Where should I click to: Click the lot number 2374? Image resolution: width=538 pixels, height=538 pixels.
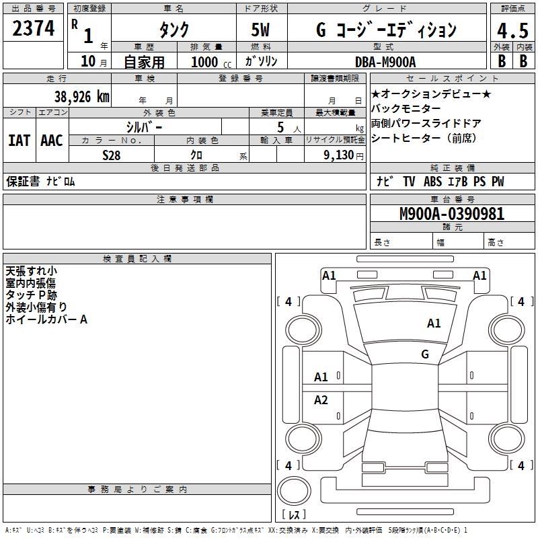click(33, 29)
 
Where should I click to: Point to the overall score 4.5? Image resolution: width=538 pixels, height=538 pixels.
click(512, 31)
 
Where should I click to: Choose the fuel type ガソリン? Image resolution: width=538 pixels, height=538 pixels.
click(261, 61)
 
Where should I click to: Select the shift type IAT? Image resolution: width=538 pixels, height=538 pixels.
click(19, 141)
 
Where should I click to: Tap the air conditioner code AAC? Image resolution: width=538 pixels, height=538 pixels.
click(51, 141)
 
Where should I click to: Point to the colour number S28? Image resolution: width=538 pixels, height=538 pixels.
click(112, 155)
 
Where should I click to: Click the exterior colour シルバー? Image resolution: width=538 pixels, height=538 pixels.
click(145, 126)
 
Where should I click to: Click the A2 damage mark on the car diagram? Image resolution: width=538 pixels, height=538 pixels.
click(321, 400)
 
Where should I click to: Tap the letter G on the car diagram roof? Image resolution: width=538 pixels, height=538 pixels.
click(424, 354)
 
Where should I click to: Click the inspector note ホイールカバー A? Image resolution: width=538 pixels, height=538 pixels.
click(46, 320)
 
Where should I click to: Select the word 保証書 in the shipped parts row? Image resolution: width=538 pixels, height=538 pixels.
click(22, 182)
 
